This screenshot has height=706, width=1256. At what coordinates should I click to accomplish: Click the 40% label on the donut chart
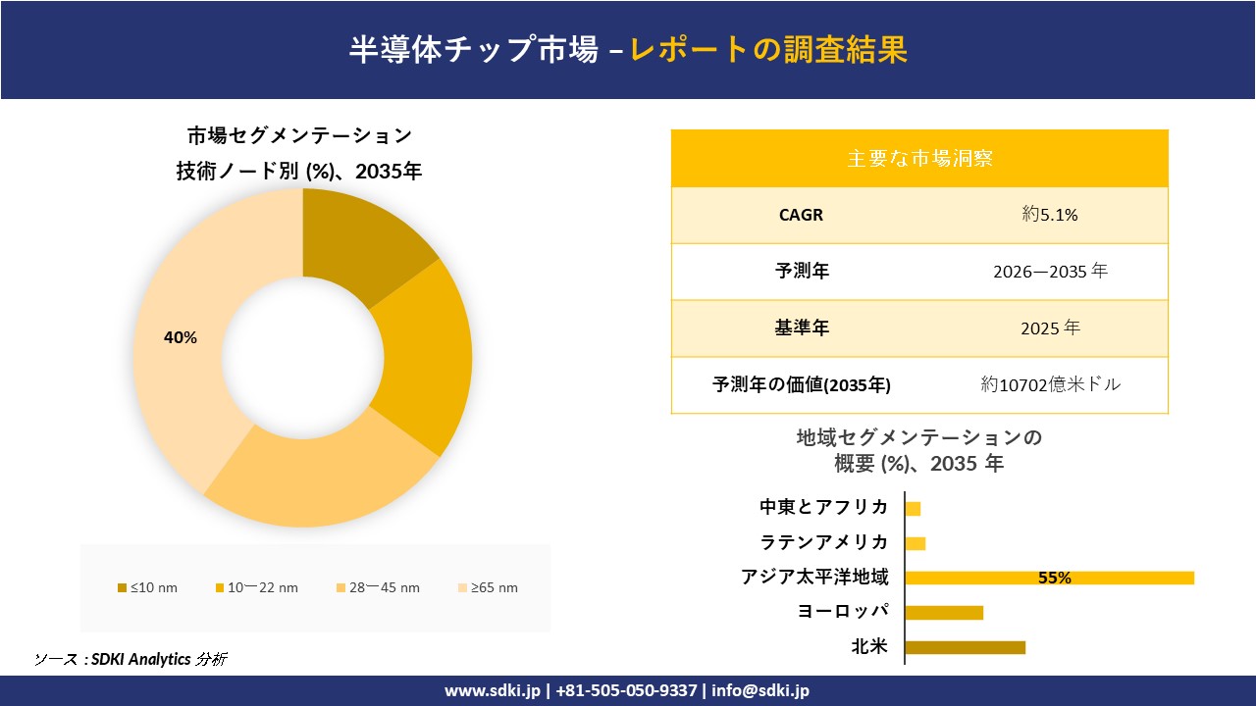180,337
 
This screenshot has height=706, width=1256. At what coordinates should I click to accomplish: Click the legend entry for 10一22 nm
256,587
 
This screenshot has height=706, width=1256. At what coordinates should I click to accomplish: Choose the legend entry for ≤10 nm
148,587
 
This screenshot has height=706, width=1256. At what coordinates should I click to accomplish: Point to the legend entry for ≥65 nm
488,587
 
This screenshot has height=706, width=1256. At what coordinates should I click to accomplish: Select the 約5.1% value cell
1050,215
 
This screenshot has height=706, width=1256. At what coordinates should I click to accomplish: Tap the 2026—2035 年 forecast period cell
1050,272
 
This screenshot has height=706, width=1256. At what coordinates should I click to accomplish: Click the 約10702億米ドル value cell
1050,384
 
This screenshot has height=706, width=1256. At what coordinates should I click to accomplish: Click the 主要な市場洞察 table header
919,158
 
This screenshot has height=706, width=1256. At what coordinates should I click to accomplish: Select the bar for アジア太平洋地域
1049,578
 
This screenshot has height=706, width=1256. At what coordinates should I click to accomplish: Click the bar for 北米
965,647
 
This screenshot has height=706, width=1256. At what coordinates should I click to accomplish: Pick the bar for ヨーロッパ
944,613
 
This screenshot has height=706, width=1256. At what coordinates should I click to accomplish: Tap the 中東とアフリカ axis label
824,507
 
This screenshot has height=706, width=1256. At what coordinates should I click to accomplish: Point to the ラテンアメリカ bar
916,543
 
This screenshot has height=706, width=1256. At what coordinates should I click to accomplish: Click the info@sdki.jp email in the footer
760,690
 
